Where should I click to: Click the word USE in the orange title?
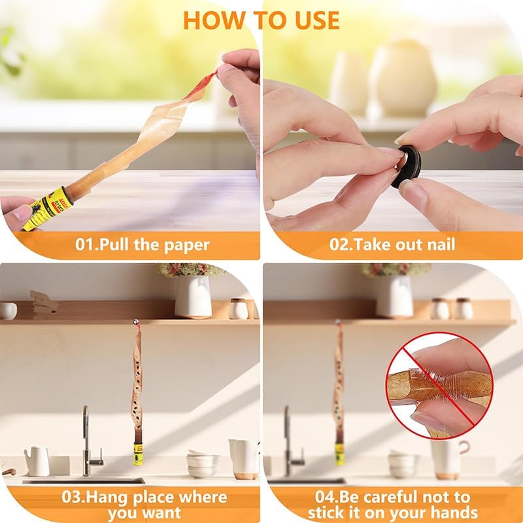point(316,21)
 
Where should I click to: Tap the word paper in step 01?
point(187,246)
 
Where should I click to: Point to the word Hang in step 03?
point(107,498)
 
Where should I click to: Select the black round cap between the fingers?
point(407,166)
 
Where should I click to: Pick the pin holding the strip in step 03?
point(136,322)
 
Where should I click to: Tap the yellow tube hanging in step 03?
point(138,454)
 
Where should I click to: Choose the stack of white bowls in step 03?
point(203,464)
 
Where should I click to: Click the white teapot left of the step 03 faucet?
point(37,462)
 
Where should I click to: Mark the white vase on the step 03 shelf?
point(193,297)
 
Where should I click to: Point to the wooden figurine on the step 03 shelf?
point(43,304)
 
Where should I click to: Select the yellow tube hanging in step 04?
point(339,454)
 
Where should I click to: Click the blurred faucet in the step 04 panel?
point(293,441)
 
